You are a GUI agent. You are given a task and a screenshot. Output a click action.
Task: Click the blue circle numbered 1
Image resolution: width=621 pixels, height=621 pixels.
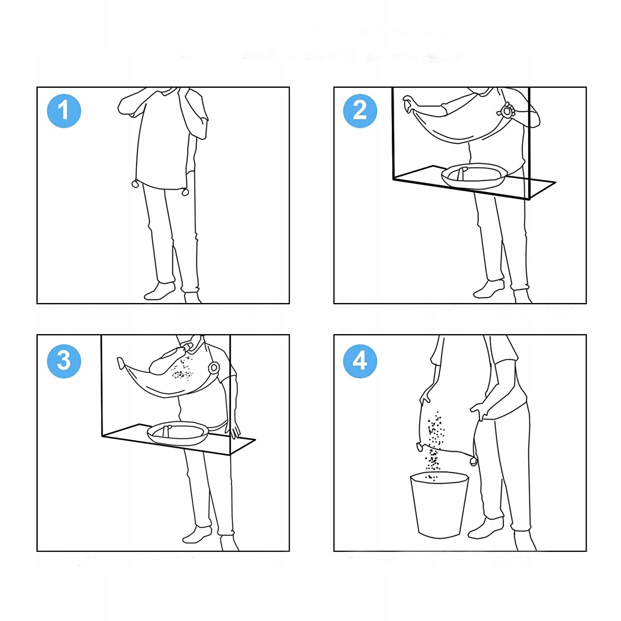pyautogui.click(x=64, y=111)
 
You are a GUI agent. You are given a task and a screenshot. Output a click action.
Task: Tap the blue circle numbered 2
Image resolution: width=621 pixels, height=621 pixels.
pyautogui.click(x=360, y=111)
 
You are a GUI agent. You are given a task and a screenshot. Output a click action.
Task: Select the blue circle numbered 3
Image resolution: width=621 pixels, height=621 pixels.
pyautogui.click(x=64, y=361)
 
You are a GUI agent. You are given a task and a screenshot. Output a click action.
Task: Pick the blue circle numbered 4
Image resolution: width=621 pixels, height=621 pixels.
pyautogui.click(x=360, y=361)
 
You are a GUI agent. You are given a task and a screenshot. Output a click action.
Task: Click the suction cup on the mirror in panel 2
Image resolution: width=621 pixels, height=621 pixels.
pyautogui.click(x=507, y=111)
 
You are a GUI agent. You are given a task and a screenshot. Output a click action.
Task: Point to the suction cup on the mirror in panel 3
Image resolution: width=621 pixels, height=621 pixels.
pyautogui.click(x=214, y=368)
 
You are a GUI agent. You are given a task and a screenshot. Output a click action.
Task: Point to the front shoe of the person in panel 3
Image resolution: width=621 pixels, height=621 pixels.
pyautogui.click(x=197, y=534)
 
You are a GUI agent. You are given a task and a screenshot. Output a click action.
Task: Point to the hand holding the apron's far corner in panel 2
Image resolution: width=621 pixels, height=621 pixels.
pyautogui.click(x=409, y=105)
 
